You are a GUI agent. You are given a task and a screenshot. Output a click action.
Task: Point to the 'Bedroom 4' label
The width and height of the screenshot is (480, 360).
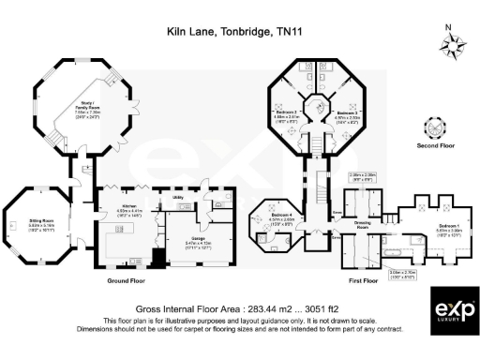coord(277,216)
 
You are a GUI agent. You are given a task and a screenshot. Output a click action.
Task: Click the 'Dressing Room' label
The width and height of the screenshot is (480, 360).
coord(364,222)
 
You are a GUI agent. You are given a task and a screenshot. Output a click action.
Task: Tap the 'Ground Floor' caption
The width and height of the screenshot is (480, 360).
coord(129,279)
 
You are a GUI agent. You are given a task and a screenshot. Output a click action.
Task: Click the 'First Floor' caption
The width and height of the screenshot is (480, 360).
coord(373,279)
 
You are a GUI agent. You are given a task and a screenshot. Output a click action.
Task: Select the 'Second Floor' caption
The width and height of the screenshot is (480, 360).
coord(434,146)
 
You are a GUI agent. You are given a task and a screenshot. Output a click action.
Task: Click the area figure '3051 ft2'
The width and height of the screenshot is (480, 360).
coord(289,305)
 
